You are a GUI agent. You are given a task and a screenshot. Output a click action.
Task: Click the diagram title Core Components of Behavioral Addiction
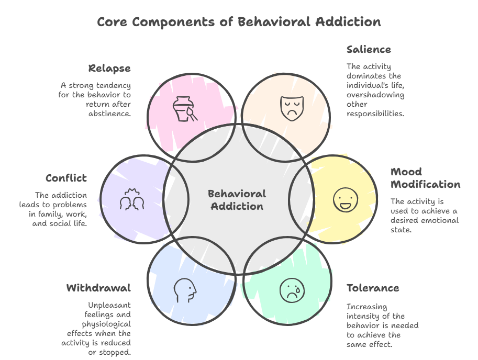pyautogui.click(x=239, y=22)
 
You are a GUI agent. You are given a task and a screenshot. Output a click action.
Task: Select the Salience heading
pyautogui.click(x=369, y=50)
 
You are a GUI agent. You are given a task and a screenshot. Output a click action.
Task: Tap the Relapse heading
pyautogui.click(x=109, y=69)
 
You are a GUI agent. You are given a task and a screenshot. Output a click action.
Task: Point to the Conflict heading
pyautogui.click(x=66, y=178)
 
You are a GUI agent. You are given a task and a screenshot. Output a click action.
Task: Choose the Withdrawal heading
pyautogui.click(x=98, y=288)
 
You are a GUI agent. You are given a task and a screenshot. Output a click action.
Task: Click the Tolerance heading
pyautogui.click(x=373, y=288)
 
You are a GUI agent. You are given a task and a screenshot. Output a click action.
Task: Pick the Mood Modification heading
pyautogui.click(x=425, y=178)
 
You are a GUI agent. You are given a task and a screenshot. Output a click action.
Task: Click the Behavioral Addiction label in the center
pyautogui.click(x=237, y=200)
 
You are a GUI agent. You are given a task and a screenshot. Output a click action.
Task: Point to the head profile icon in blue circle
pyautogui.click(x=185, y=290)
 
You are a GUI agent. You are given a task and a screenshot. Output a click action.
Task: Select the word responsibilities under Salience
pyautogui.click(x=375, y=114)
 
